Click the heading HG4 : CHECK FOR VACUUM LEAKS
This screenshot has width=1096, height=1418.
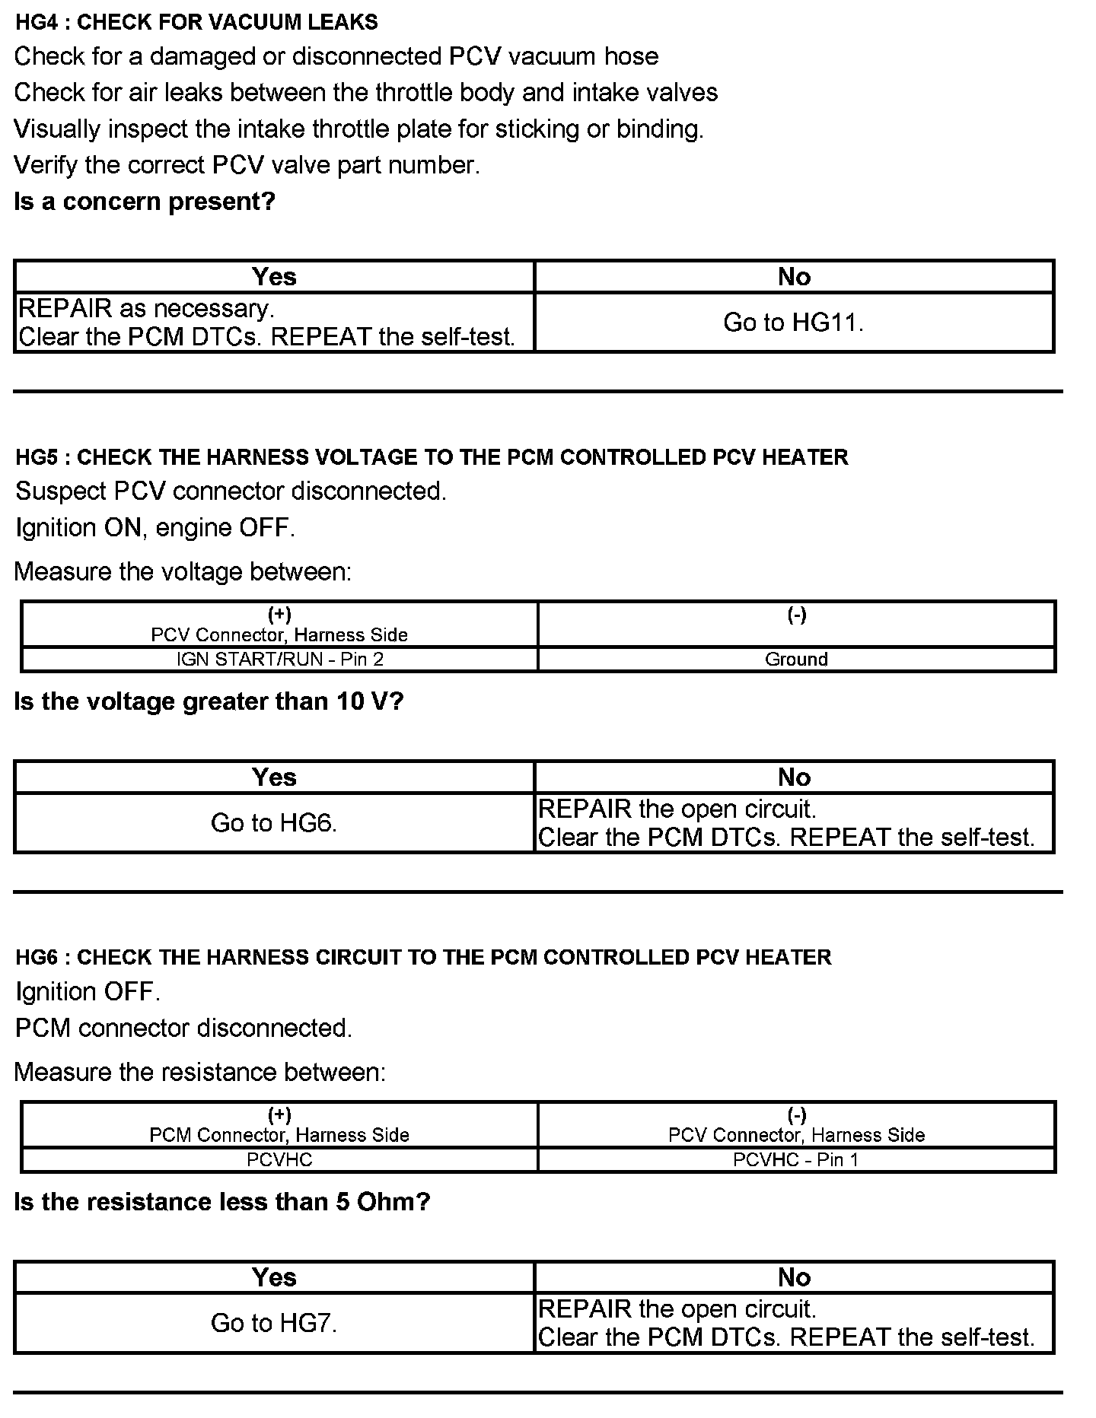196,22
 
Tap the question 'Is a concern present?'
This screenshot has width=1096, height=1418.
145,202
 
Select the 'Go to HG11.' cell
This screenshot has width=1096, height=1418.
794,323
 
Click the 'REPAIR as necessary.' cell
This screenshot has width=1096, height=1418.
274,323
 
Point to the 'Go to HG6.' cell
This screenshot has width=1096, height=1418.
274,822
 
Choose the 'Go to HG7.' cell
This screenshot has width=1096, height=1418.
274,1323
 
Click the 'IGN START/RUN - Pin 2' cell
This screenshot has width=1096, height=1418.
279,659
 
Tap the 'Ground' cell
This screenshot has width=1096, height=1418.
796,659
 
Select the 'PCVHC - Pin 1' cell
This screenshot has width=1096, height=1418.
796,1159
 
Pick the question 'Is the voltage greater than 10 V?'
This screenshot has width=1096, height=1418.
209,701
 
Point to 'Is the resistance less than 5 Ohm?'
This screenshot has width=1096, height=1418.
222,1202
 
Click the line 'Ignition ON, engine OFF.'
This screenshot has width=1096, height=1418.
155,527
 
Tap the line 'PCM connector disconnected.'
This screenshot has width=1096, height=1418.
183,1028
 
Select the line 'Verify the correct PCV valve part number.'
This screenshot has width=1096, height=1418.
247,165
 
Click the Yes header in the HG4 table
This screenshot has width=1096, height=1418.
274,277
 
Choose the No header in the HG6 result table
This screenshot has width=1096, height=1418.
794,1277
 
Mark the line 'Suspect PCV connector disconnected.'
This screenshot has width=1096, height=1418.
231,491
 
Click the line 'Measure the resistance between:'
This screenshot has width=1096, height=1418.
200,1072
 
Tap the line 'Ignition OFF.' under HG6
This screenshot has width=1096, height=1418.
88,991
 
